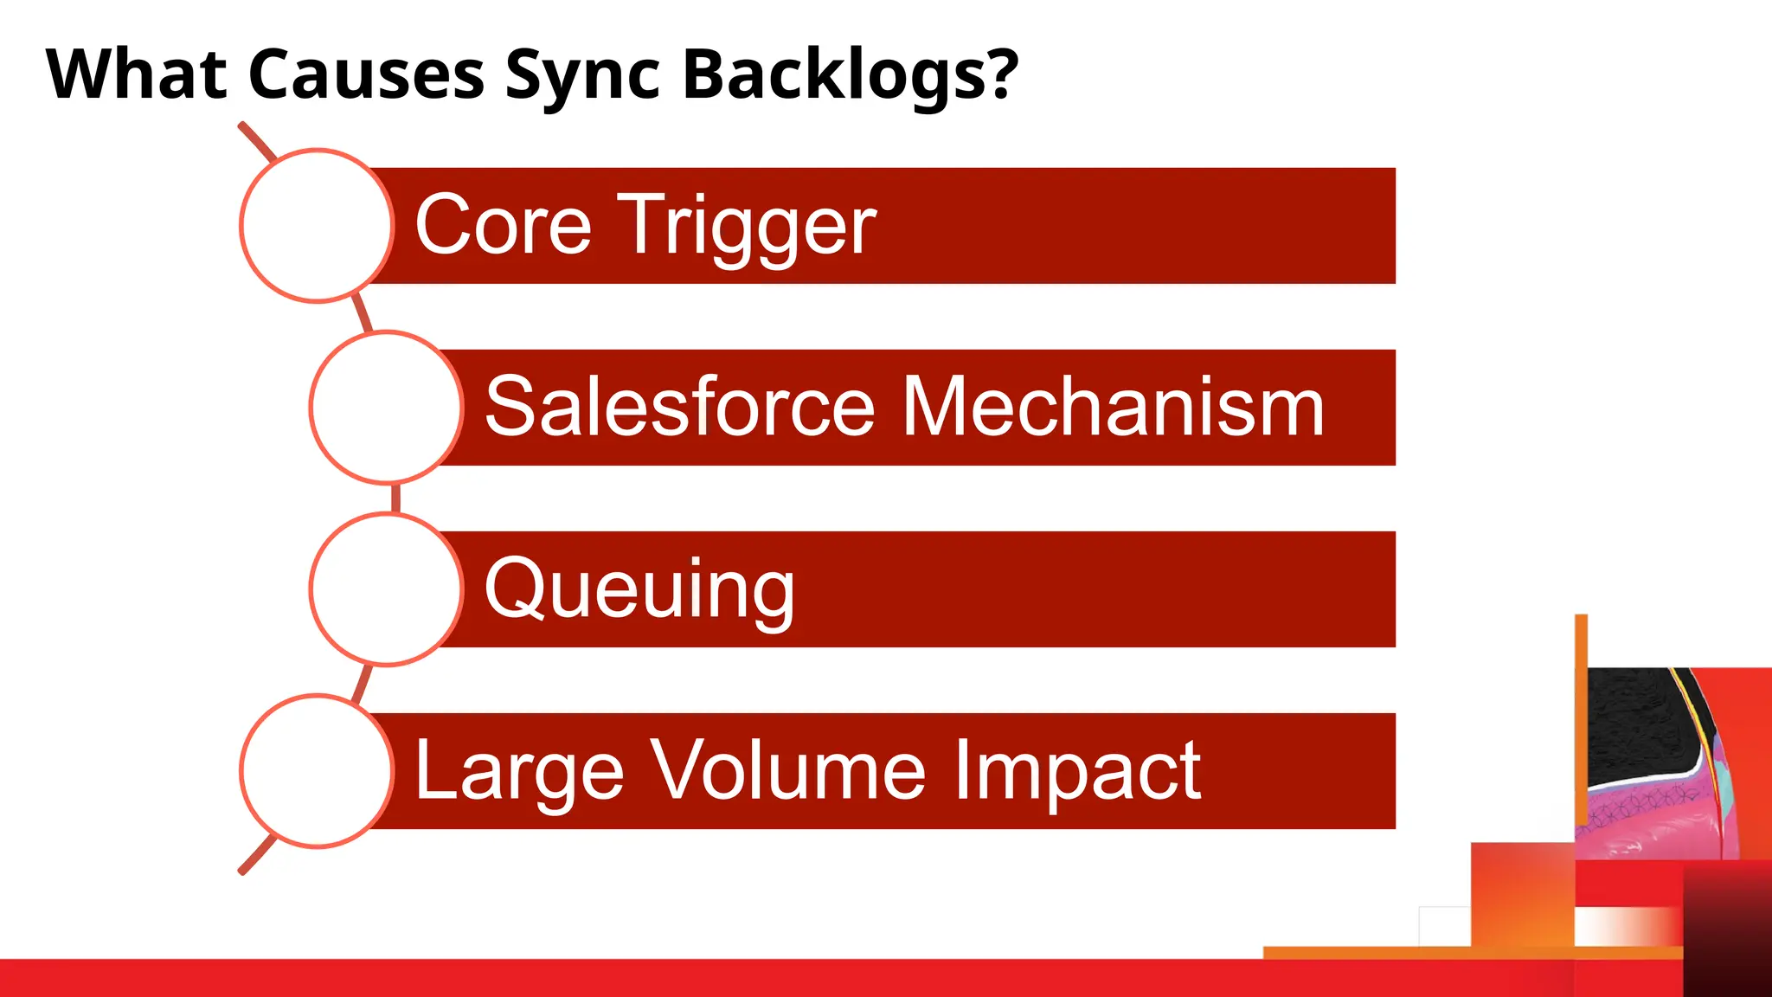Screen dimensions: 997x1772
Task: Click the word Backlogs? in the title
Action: (850, 74)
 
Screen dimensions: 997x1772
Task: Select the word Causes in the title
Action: (366, 74)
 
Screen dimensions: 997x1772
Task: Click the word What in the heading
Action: (137, 74)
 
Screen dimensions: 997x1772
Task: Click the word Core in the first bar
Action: (503, 226)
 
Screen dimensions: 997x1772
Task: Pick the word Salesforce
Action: (680, 407)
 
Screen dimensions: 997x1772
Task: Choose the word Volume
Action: (788, 770)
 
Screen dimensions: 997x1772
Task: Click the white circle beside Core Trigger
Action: (317, 226)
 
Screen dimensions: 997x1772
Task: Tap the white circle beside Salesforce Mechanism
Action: (386, 408)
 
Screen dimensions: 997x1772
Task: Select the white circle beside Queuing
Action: (386, 589)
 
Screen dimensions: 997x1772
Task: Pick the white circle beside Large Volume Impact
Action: (317, 771)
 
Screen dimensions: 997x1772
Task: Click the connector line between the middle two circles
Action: (395, 498)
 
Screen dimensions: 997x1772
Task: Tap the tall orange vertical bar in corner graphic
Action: (1581, 692)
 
